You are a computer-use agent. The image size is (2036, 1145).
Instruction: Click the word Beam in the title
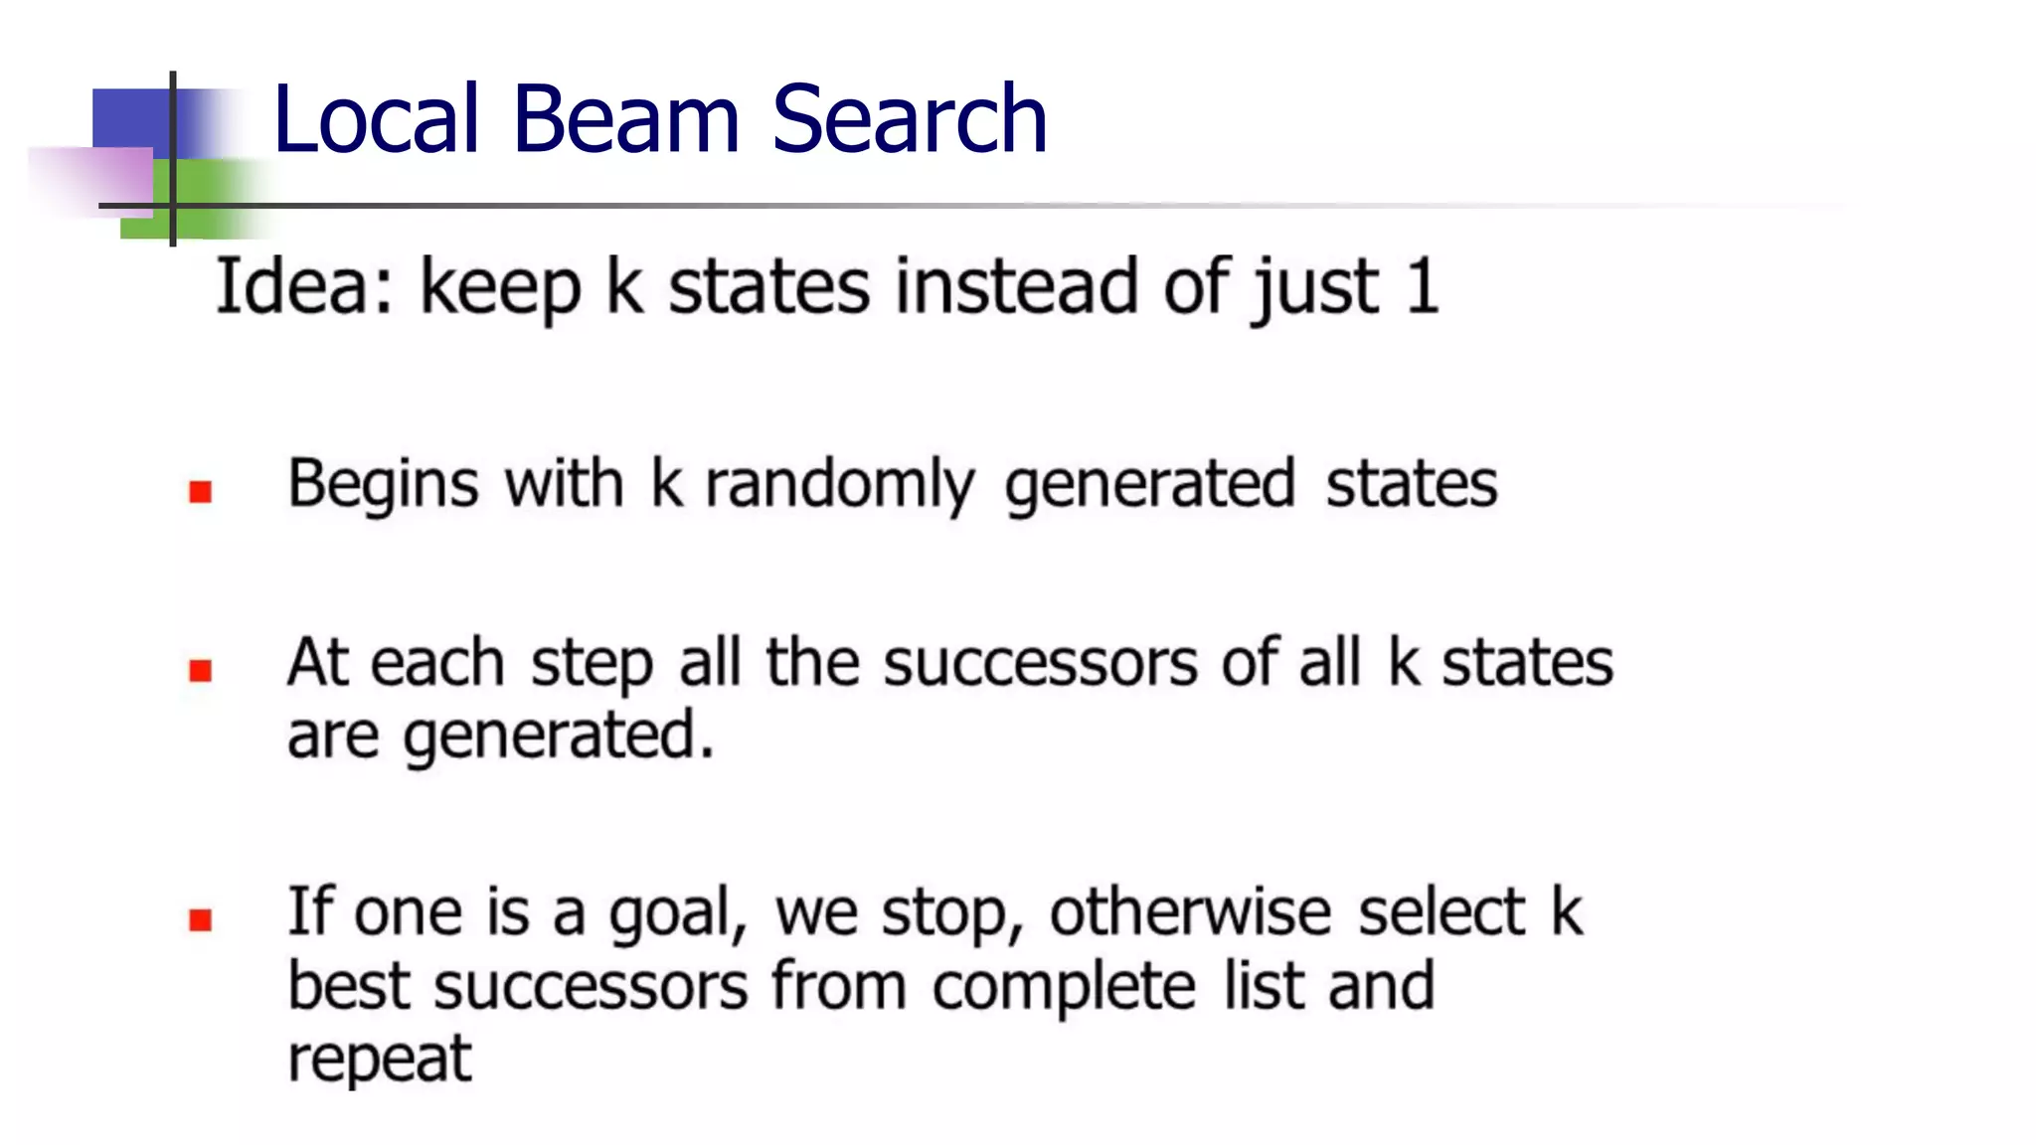(x=626, y=120)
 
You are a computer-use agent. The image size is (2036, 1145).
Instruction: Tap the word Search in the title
(x=909, y=120)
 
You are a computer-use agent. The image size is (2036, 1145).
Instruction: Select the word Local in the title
(x=377, y=120)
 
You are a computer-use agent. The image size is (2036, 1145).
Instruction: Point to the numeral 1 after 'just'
(x=1423, y=287)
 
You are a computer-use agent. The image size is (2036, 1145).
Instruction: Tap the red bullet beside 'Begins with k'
(x=201, y=492)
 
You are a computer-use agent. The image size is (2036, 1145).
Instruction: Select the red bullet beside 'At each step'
(x=201, y=671)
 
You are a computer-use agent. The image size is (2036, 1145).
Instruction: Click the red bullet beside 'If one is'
(x=201, y=920)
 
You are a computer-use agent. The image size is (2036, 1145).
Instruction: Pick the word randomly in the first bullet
(x=840, y=486)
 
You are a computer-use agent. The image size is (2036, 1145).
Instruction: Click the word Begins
(x=383, y=486)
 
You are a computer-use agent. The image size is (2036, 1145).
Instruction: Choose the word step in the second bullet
(x=592, y=665)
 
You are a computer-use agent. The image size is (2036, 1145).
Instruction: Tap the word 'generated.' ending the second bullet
(x=558, y=737)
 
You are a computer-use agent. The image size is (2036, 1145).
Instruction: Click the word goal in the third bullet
(x=676, y=914)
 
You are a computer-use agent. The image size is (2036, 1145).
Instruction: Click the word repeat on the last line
(x=379, y=1060)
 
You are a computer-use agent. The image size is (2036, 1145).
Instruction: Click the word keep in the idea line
(x=500, y=289)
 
